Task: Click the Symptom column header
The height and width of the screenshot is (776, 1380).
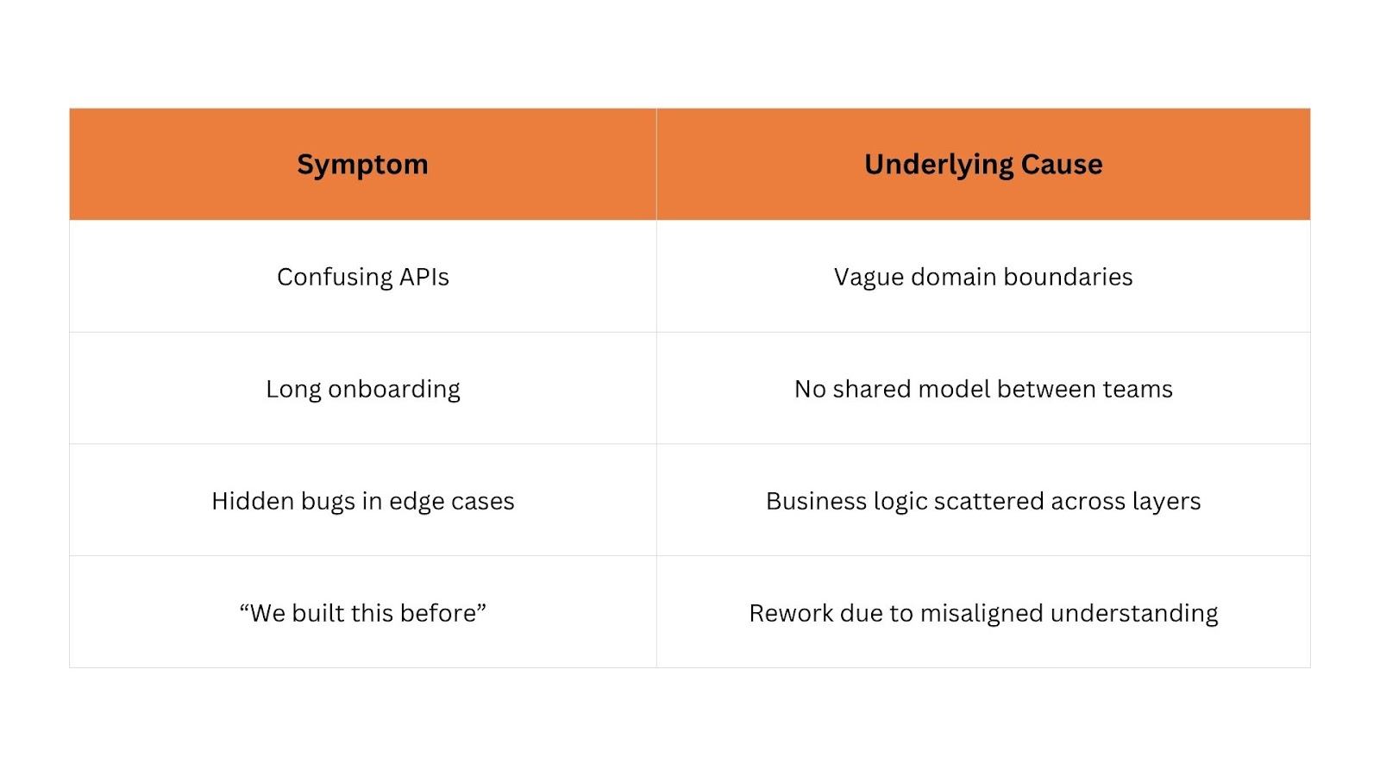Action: (362, 165)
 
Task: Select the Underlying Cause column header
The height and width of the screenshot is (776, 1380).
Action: (983, 165)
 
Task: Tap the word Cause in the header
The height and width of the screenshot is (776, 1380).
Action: (1062, 164)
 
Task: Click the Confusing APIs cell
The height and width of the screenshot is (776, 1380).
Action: (363, 277)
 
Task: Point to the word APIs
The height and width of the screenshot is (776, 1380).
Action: (423, 277)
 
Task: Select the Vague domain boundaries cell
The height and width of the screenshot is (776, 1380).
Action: (983, 277)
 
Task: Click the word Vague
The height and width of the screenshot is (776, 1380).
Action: (869, 278)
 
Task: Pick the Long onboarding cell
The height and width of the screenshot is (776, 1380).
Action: (363, 389)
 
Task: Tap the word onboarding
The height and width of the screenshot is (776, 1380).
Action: (394, 389)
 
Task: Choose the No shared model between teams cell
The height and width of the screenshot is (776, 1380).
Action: (983, 389)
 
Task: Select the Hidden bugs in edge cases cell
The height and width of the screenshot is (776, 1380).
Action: (363, 501)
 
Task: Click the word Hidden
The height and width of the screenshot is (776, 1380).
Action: (253, 501)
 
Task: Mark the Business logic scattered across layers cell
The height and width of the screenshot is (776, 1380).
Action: (983, 501)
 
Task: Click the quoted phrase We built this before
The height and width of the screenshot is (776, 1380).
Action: (363, 613)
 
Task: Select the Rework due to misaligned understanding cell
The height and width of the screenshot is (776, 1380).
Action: (983, 613)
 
